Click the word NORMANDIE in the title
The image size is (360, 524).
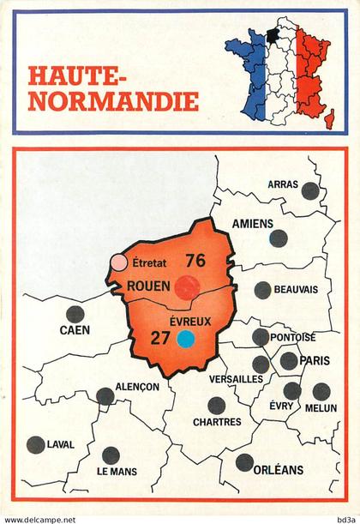click(x=113, y=101)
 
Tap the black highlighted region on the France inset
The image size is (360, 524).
click(x=272, y=36)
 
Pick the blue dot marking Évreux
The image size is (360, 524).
click(x=184, y=338)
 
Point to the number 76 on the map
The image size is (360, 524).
click(x=195, y=261)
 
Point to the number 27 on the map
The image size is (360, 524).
click(x=160, y=337)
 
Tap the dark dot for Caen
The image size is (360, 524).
click(x=75, y=313)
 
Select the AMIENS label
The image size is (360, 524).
click(x=252, y=223)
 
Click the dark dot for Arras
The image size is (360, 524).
click(x=310, y=190)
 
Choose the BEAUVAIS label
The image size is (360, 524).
click(x=296, y=290)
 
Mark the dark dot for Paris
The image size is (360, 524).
click(x=290, y=361)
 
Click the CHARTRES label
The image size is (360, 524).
click(x=217, y=421)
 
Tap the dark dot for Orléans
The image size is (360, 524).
click(x=244, y=462)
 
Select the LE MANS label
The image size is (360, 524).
click(x=117, y=472)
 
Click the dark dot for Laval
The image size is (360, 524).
click(x=35, y=444)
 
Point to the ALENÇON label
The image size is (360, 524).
click(x=136, y=387)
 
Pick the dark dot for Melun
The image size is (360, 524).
click(x=321, y=392)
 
